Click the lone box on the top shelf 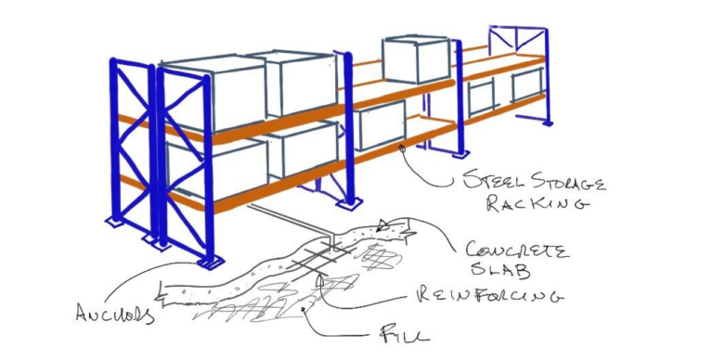click(x=416, y=59)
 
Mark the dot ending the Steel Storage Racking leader click(x=401, y=147)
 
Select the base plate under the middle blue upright click(x=350, y=202)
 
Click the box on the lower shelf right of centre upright click(x=381, y=125)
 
